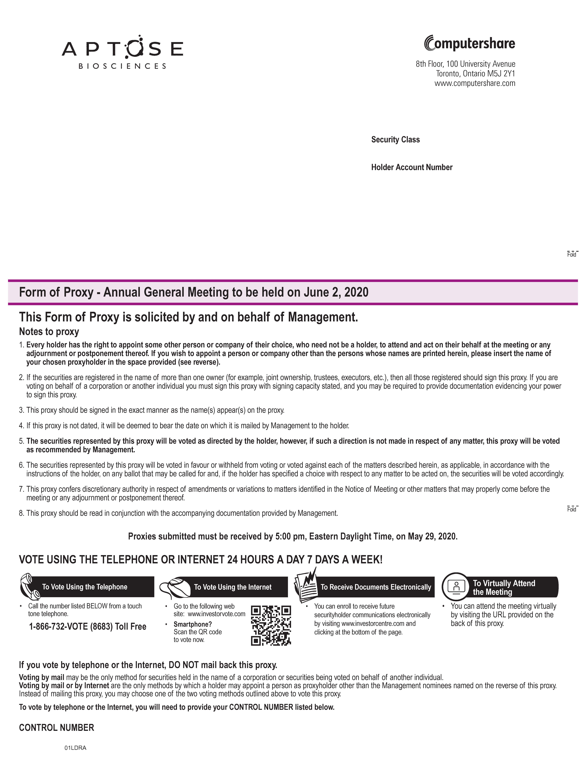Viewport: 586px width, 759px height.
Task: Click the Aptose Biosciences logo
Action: coord(122,52)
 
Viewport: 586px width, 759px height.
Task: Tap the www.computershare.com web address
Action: coord(475,83)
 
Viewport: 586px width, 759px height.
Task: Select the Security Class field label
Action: coord(395,140)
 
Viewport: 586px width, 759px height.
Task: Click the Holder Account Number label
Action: coord(412,168)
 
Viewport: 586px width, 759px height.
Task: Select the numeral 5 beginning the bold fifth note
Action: coord(21,441)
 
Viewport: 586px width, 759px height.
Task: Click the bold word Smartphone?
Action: coord(193,624)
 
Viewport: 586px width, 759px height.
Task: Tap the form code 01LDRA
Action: coord(75,748)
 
